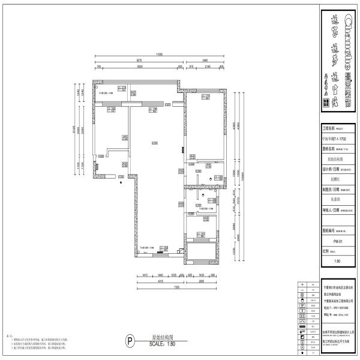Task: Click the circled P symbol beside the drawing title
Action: [128, 340]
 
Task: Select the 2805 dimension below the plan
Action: [203, 280]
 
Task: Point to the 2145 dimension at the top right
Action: [208, 67]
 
